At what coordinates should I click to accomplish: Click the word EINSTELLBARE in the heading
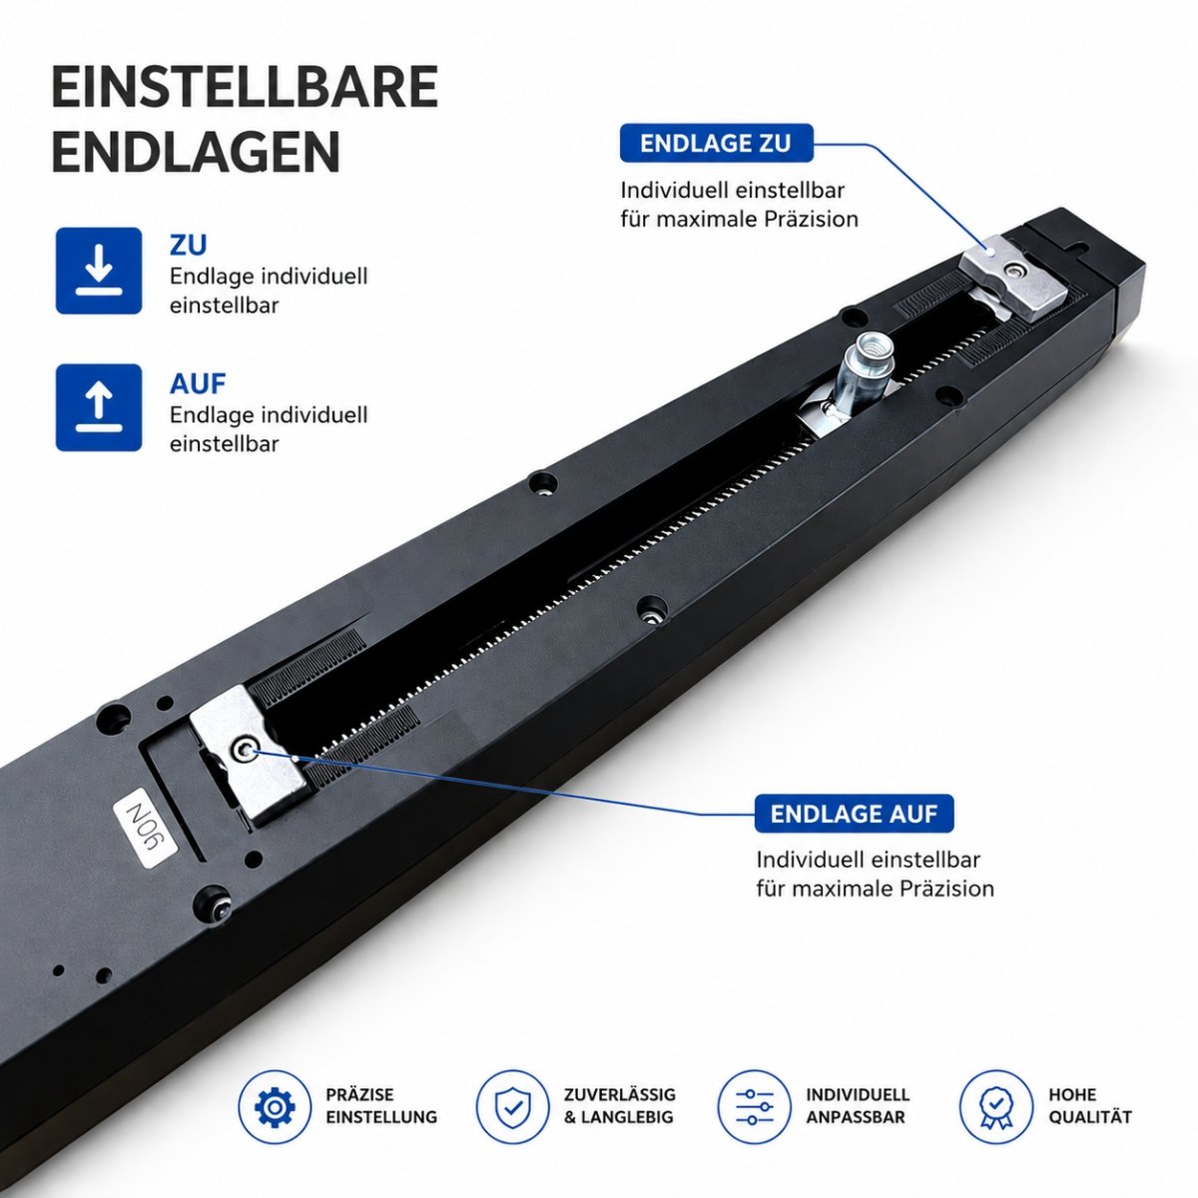(245, 87)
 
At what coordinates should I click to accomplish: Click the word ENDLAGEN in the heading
(196, 152)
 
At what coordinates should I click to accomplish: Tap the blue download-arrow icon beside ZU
(99, 271)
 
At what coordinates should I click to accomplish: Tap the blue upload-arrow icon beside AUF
(99, 408)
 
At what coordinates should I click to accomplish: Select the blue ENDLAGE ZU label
(716, 143)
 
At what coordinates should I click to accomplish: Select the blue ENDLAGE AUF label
(854, 814)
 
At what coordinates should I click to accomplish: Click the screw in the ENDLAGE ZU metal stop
(1016, 270)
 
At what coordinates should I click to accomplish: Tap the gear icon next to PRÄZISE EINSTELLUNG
(275, 1106)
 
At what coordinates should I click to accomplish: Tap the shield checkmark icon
(512, 1106)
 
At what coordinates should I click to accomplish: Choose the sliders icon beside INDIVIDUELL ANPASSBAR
(754, 1106)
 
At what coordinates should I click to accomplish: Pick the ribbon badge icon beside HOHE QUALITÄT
(996, 1106)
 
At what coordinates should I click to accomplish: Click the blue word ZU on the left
(188, 246)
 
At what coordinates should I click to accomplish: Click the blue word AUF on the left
(198, 384)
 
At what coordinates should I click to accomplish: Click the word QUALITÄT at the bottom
(1090, 1117)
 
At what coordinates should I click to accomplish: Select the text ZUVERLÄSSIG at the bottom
(620, 1094)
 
